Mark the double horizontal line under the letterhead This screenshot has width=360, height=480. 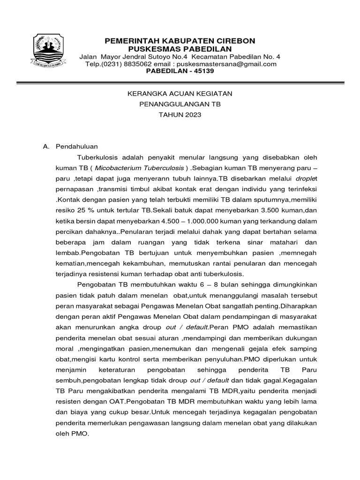pyautogui.click(x=180, y=83)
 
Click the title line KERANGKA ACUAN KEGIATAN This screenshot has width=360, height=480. pyautogui.click(x=180, y=94)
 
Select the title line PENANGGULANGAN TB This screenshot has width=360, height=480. pyautogui.click(x=180, y=105)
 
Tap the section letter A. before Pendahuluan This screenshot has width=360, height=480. pyautogui.click(x=46, y=146)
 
